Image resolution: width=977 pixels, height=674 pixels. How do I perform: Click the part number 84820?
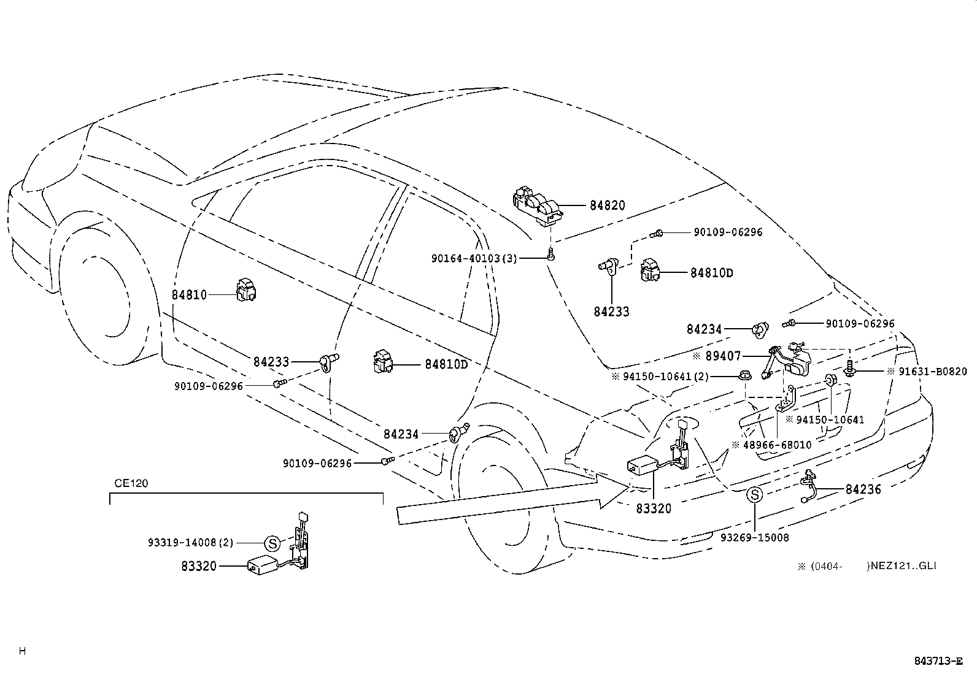[607, 206]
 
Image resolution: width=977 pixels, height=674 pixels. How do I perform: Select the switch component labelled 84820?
[538, 205]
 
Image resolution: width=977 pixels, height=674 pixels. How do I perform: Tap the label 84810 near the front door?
[189, 295]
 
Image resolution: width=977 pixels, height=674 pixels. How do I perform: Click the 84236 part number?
[863, 489]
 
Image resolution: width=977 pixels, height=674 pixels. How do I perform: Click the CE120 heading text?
[131, 483]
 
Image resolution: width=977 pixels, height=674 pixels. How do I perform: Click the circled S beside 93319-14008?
[272, 543]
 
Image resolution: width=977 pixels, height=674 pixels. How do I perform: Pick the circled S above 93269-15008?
[755, 496]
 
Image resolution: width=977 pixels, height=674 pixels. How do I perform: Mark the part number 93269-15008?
[755, 538]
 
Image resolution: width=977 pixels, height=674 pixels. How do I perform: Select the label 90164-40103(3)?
[474, 259]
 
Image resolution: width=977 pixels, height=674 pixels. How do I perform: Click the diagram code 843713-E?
[938, 661]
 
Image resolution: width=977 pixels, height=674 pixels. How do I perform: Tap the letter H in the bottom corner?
[22, 651]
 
